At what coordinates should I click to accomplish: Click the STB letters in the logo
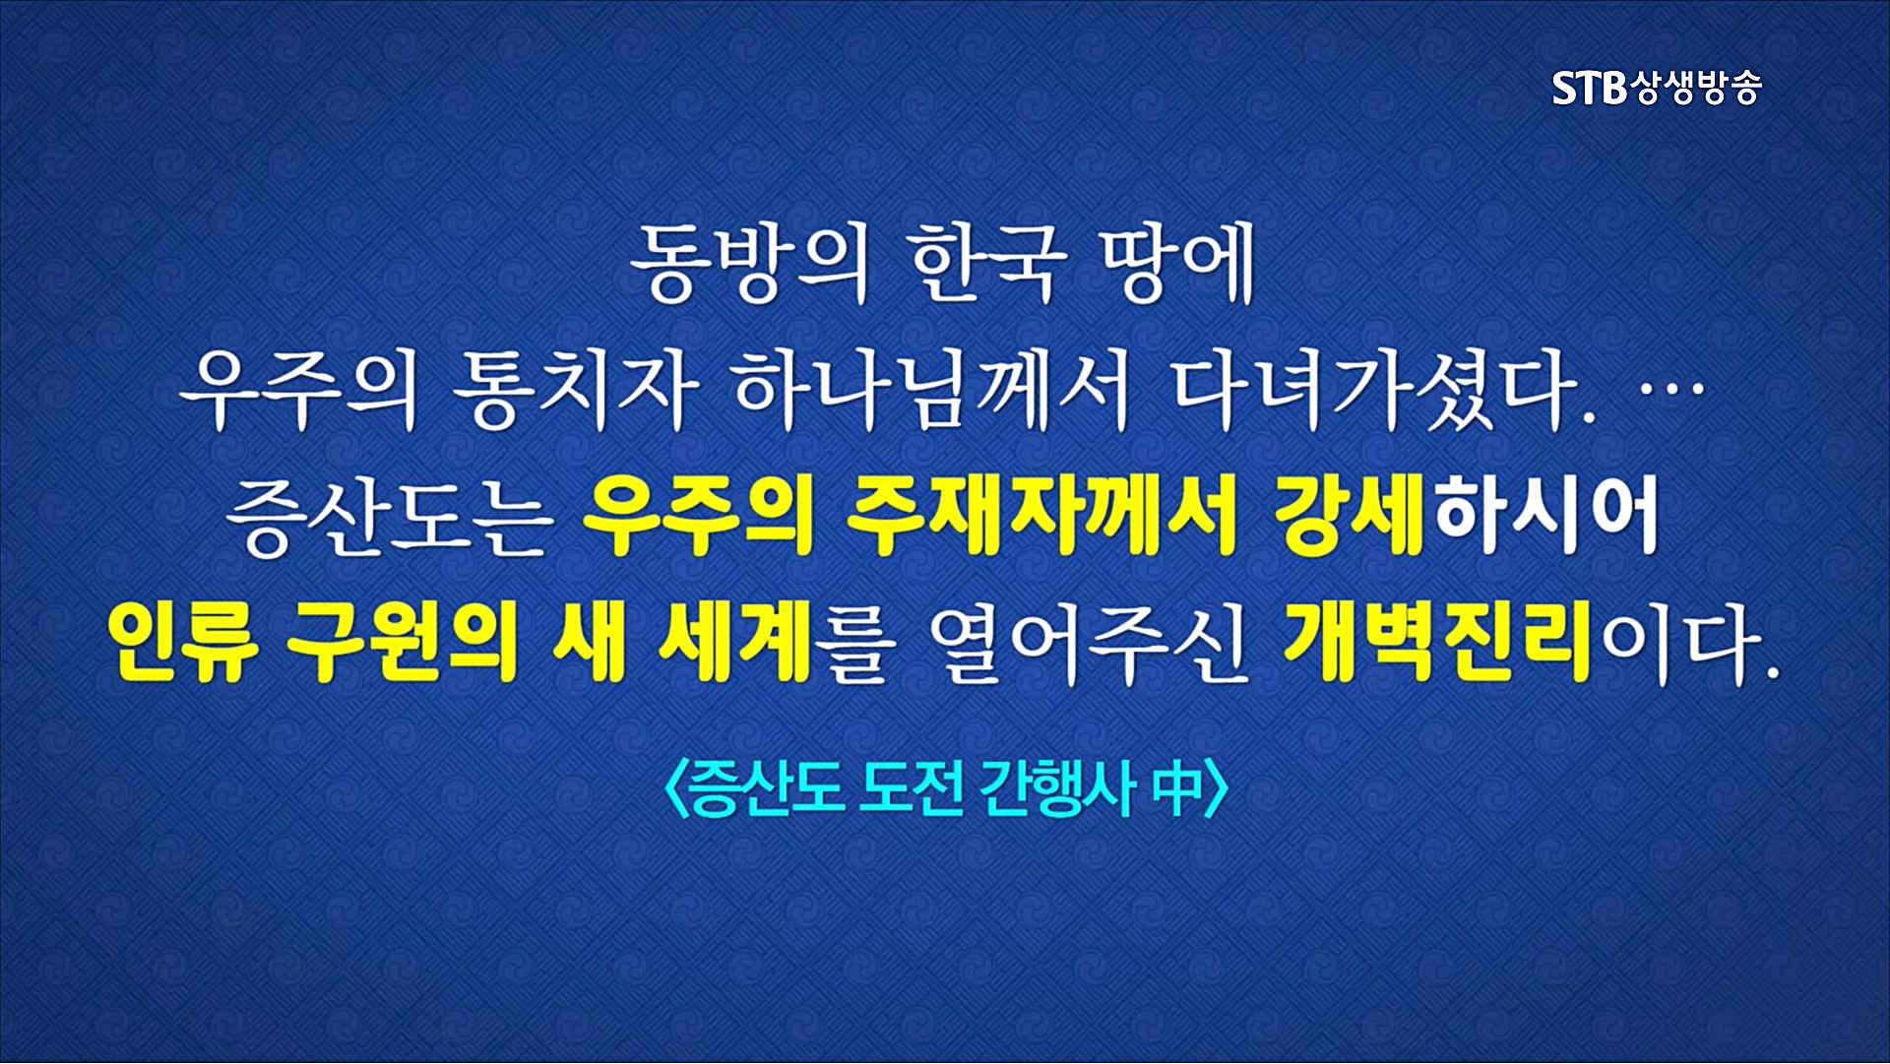tap(1590, 89)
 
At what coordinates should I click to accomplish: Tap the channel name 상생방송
tap(1695, 89)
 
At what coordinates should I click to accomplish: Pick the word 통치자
tap(576, 391)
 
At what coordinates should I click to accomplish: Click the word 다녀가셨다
tap(1383, 391)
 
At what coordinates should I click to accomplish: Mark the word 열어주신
tap(1089, 645)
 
